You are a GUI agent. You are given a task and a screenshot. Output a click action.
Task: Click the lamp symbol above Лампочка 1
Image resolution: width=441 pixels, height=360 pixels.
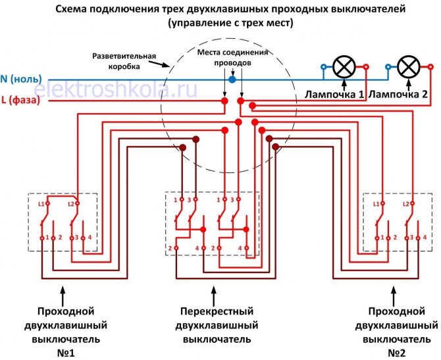(344, 66)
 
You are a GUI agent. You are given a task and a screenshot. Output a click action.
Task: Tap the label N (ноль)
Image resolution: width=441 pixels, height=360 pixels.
(22, 79)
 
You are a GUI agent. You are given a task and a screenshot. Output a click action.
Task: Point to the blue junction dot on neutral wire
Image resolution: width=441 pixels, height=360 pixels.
(232, 79)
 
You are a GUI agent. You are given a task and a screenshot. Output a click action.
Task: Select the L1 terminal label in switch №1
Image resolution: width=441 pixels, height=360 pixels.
(41, 204)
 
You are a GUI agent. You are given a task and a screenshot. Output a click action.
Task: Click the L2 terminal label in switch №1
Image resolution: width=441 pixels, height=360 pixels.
(73, 204)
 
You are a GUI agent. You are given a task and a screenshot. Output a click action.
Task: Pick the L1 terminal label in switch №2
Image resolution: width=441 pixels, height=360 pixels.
(376, 204)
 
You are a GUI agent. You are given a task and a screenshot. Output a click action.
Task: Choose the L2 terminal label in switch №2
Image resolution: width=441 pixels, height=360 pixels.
(407, 204)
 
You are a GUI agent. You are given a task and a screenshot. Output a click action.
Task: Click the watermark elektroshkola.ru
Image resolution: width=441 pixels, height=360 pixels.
(115, 90)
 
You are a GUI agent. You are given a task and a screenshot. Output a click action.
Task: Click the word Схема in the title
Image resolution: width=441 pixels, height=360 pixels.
(70, 11)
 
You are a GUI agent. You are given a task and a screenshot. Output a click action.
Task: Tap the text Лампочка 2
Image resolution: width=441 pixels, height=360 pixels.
(399, 94)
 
